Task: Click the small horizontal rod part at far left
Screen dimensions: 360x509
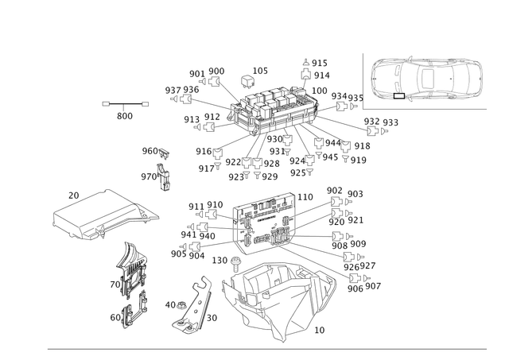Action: coord(126,103)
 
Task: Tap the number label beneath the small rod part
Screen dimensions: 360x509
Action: coord(124,115)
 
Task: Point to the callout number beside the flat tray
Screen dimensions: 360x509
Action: coord(73,193)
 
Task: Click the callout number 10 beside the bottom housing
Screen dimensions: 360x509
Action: coord(321,327)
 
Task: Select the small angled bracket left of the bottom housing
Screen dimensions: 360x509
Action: coord(195,306)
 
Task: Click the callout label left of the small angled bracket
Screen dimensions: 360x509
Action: coord(171,304)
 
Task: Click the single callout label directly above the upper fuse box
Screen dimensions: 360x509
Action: coord(256,71)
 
